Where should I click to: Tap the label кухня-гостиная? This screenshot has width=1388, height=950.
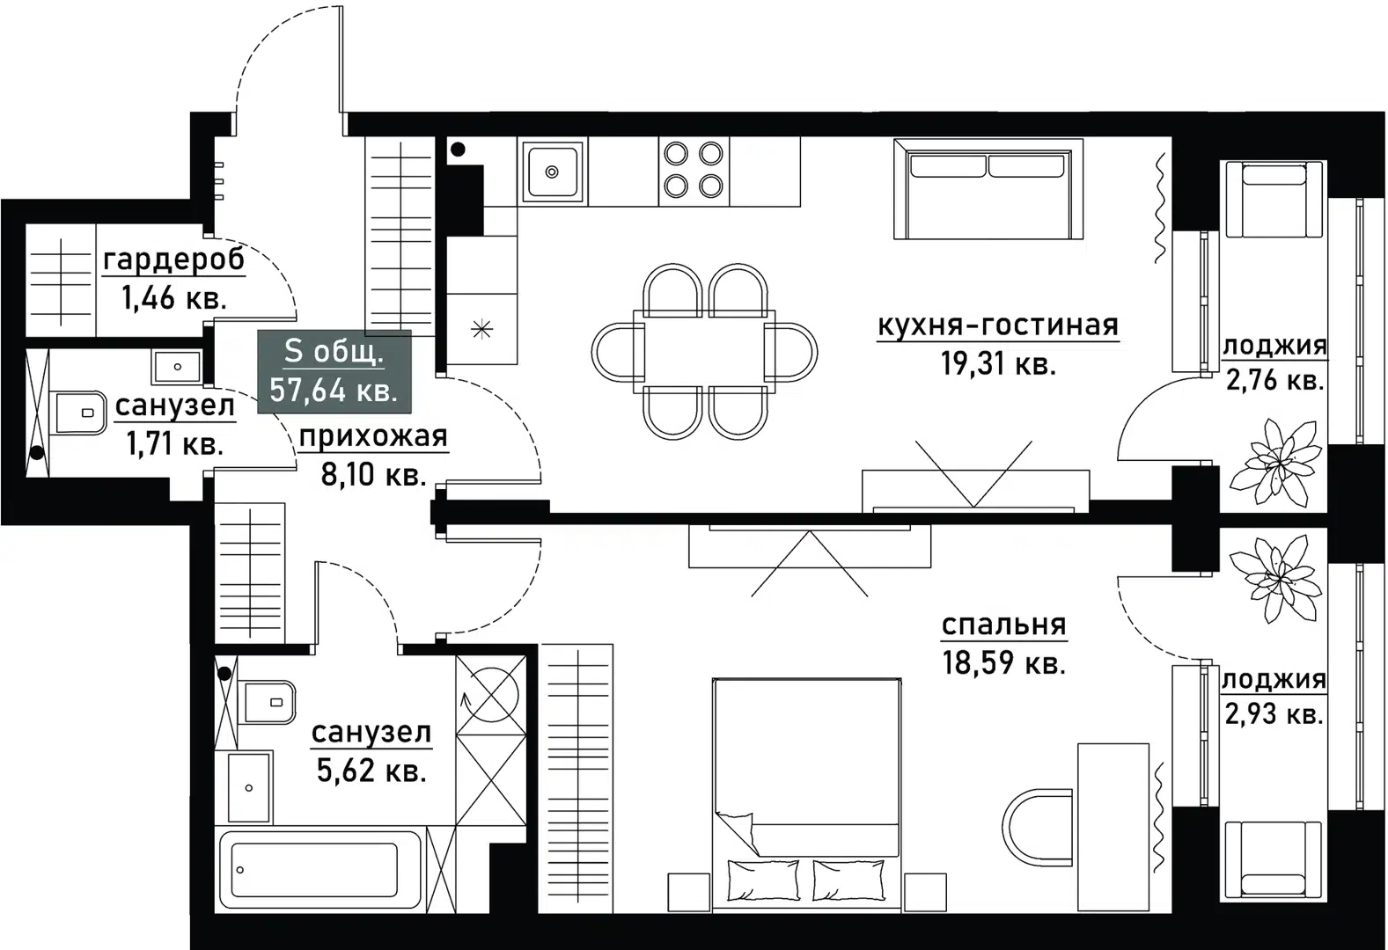[997, 325]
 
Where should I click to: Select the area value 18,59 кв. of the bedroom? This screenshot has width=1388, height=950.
[1003, 662]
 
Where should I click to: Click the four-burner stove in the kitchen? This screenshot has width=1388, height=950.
[693, 170]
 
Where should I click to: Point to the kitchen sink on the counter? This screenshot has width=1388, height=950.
[552, 171]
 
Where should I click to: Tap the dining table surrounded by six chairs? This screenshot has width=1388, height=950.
[705, 351]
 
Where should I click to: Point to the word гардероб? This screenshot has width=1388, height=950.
[173, 260]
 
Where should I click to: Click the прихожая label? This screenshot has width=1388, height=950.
[373, 436]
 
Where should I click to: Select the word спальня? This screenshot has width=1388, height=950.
[1003, 625]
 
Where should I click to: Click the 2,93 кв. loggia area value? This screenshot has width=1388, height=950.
[1274, 714]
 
